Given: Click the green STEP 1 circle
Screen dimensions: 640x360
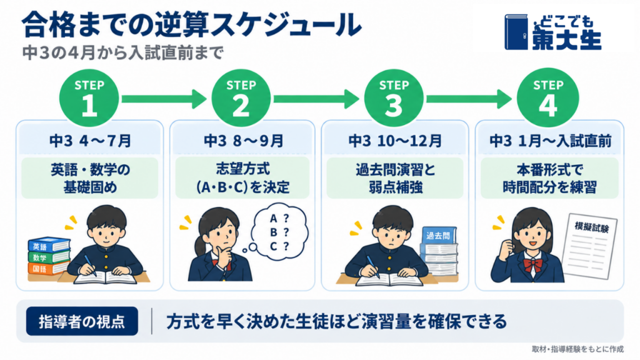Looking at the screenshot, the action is pyautogui.click(x=89, y=98).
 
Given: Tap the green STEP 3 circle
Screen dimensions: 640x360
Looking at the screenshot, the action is pyautogui.click(x=394, y=98).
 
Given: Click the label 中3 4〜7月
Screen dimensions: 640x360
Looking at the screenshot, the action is pyautogui.click(x=90, y=141).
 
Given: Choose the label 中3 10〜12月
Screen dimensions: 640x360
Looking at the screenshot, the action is pyautogui.click(x=395, y=141).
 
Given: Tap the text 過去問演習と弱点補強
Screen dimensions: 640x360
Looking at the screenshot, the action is pyautogui.click(x=395, y=178).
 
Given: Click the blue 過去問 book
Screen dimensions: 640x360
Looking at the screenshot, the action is pyautogui.click(x=439, y=236).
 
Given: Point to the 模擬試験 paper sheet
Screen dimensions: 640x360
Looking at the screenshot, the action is pyautogui.click(x=590, y=246).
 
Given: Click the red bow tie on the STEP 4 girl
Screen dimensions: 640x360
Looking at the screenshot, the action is pyautogui.click(x=532, y=265).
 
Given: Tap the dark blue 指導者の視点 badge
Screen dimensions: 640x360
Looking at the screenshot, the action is pyautogui.click(x=82, y=321).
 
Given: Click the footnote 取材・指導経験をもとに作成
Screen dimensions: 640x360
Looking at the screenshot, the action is pyautogui.click(x=577, y=349).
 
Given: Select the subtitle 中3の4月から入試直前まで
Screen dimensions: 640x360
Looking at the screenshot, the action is pyautogui.click(x=123, y=53).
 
